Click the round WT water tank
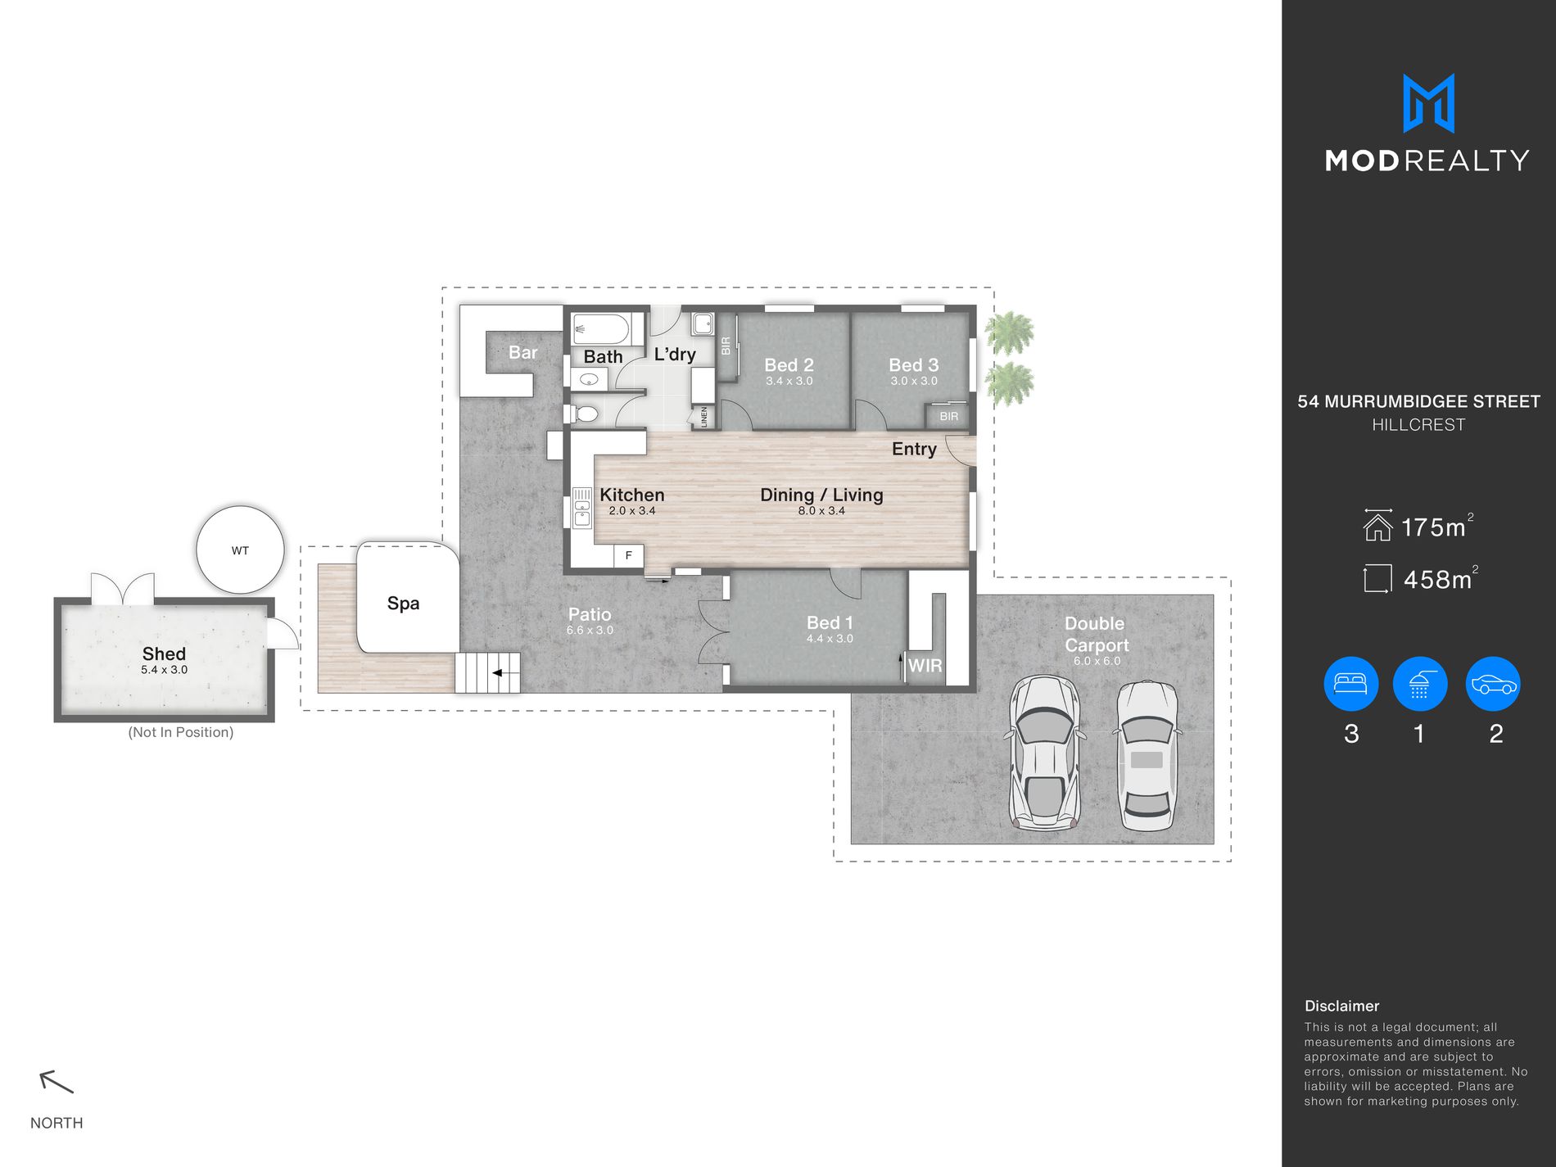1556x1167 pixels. [240, 550]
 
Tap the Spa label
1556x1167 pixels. [403, 604]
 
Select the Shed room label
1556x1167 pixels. [164, 654]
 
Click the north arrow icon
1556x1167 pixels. [57, 1082]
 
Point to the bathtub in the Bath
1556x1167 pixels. [601, 330]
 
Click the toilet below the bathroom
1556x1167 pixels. [583, 414]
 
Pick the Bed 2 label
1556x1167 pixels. [789, 365]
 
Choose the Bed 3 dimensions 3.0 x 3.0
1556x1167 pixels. [914, 381]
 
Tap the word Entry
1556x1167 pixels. [914, 449]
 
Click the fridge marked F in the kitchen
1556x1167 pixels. [629, 555]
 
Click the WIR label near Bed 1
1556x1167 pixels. [925, 666]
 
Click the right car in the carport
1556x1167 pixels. [1147, 756]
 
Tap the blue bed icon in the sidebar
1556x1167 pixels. [1351, 684]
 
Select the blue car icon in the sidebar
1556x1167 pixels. [1494, 684]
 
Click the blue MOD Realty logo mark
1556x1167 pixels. [1428, 103]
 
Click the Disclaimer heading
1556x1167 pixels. [1341, 1006]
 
